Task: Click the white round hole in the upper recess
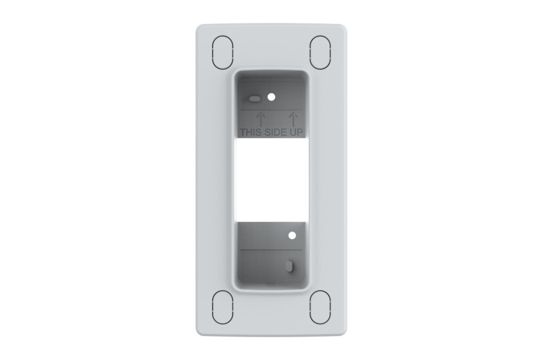click(272, 97)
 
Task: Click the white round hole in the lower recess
click(292, 235)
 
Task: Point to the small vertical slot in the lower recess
click(290, 266)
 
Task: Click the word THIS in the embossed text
click(251, 132)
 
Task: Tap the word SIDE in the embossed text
click(276, 132)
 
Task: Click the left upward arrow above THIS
click(261, 118)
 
